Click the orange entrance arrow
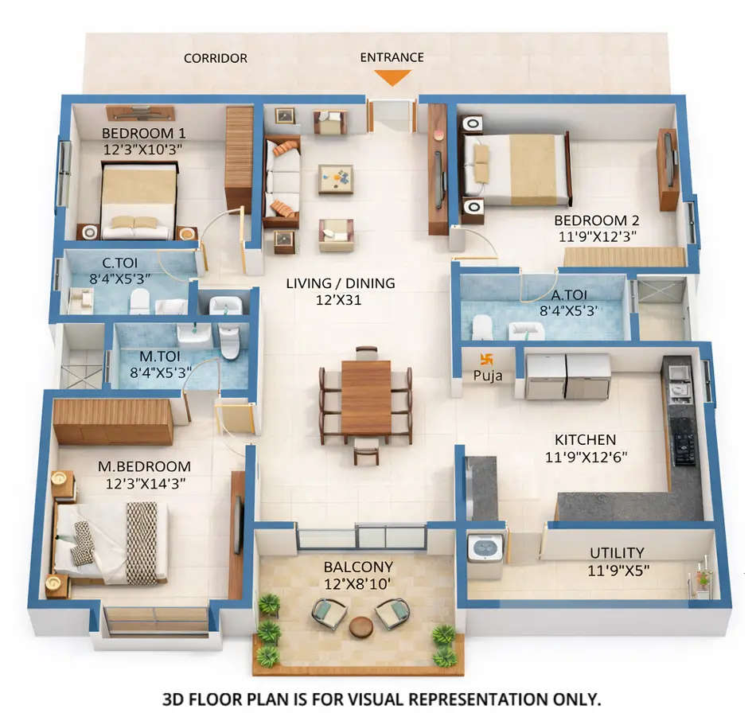click(392, 77)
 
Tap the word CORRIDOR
click(215, 58)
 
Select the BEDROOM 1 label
click(143, 133)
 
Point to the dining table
click(365, 397)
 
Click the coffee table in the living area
click(337, 178)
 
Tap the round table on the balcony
click(361, 626)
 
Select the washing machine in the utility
click(485, 548)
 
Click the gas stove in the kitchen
click(682, 438)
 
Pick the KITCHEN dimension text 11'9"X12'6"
click(585, 458)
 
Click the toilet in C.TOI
click(140, 302)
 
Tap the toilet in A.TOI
click(482, 327)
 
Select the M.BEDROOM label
click(144, 466)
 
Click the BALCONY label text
click(357, 567)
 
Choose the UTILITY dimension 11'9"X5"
click(617, 570)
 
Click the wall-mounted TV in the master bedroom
click(239, 525)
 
